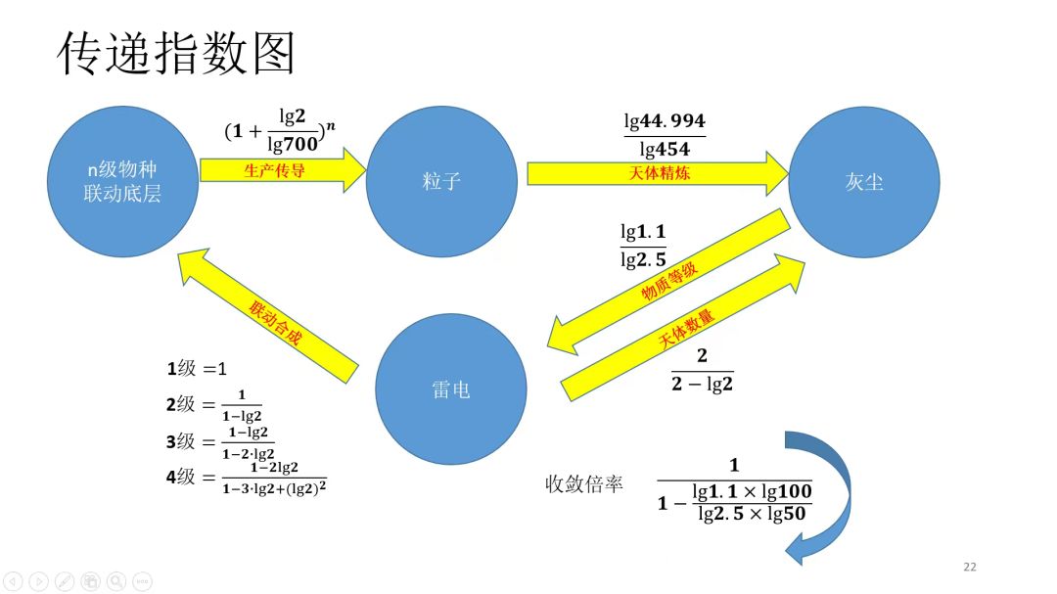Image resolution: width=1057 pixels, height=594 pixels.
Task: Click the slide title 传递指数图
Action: (176, 54)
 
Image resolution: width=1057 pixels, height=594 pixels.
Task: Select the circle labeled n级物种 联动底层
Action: (122, 181)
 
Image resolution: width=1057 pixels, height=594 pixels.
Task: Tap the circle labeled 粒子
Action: (441, 181)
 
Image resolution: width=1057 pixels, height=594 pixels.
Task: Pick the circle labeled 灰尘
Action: (863, 181)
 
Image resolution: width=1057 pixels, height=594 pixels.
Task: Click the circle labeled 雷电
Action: (451, 388)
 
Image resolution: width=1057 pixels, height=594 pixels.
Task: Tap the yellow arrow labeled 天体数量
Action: (685, 329)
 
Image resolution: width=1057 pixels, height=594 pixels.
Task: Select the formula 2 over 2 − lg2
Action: (702, 371)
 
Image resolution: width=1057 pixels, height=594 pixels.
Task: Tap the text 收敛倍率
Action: (584, 483)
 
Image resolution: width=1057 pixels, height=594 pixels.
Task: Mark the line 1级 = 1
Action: (197, 369)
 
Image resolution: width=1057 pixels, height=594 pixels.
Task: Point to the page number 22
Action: (970, 567)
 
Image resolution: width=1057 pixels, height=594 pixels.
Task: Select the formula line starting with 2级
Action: (214, 405)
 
